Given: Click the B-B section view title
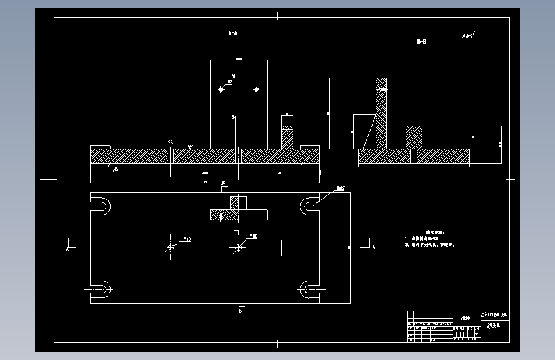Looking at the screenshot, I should [421, 42].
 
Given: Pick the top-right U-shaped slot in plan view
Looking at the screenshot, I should [309, 206].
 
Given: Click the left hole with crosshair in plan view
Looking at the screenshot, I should [171, 247].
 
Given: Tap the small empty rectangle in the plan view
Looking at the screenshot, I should [287, 247].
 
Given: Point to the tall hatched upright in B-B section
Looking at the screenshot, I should [382, 115].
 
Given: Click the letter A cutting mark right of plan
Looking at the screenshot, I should [373, 247].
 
